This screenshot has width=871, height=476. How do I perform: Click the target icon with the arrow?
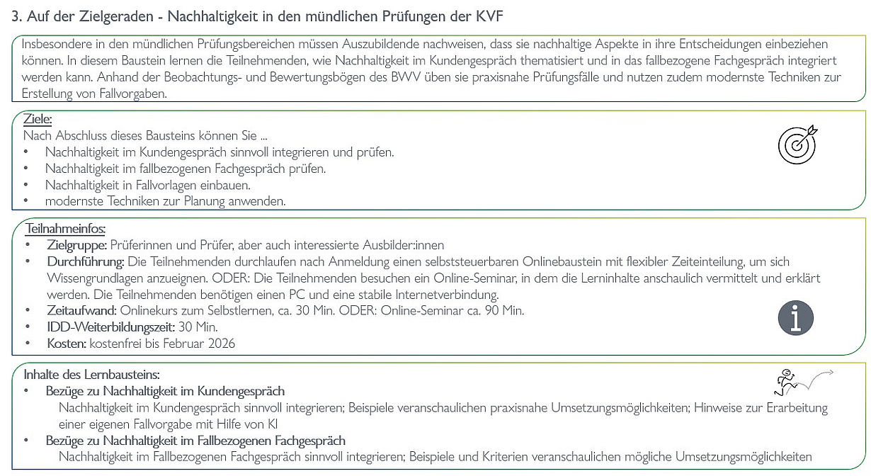[x=797, y=145]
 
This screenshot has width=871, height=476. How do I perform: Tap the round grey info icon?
[x=796, y=317]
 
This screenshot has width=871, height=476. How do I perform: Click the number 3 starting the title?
[x=15, y=16]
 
